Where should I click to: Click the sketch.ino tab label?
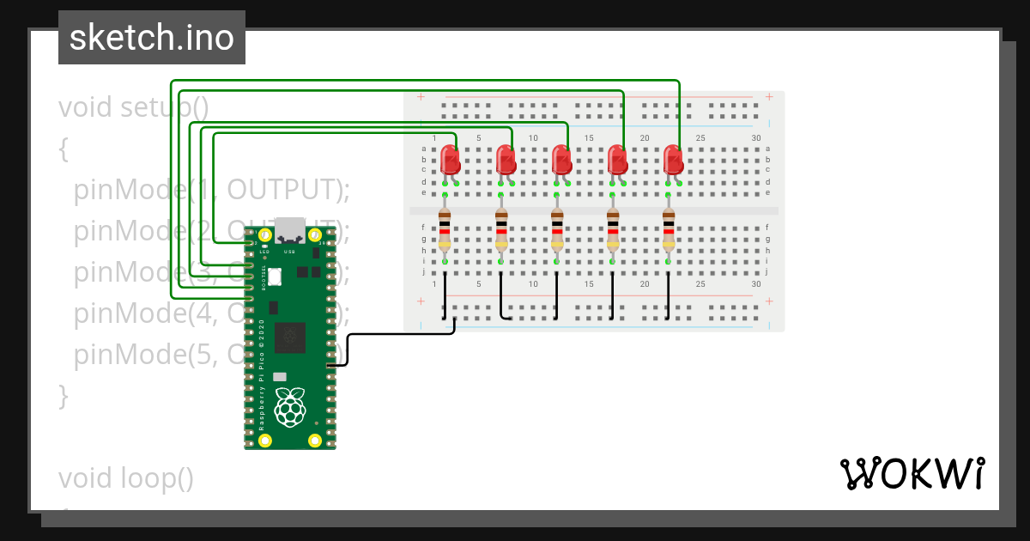click(x=152, y=38)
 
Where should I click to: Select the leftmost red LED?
click(x=449, y=161)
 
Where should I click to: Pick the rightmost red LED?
click(x=673, y=161)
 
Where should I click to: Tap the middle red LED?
click(x=561, y=161)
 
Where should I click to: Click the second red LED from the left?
click(x=506, y=161)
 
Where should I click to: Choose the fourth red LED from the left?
click(x=617, y=161)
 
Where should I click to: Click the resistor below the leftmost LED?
click(x=445, y=229)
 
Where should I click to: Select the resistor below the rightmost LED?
click(x=669, y=229)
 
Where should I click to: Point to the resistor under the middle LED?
click(x=557, y=229)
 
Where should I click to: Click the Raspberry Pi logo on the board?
click(x=290, y=407)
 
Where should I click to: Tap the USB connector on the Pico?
click(x=290, y=228)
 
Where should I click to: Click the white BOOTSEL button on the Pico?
click(x=275, y=277)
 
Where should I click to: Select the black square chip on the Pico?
click(x=290, y=337)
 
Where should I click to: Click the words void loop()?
click(x=126, y=477)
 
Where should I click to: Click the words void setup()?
click(x=133, y=108)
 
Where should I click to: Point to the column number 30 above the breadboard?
click(x=755, y=138)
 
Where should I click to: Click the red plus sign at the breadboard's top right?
click(x=769, y=97)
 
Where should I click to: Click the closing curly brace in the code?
click(x=63, y=396)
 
